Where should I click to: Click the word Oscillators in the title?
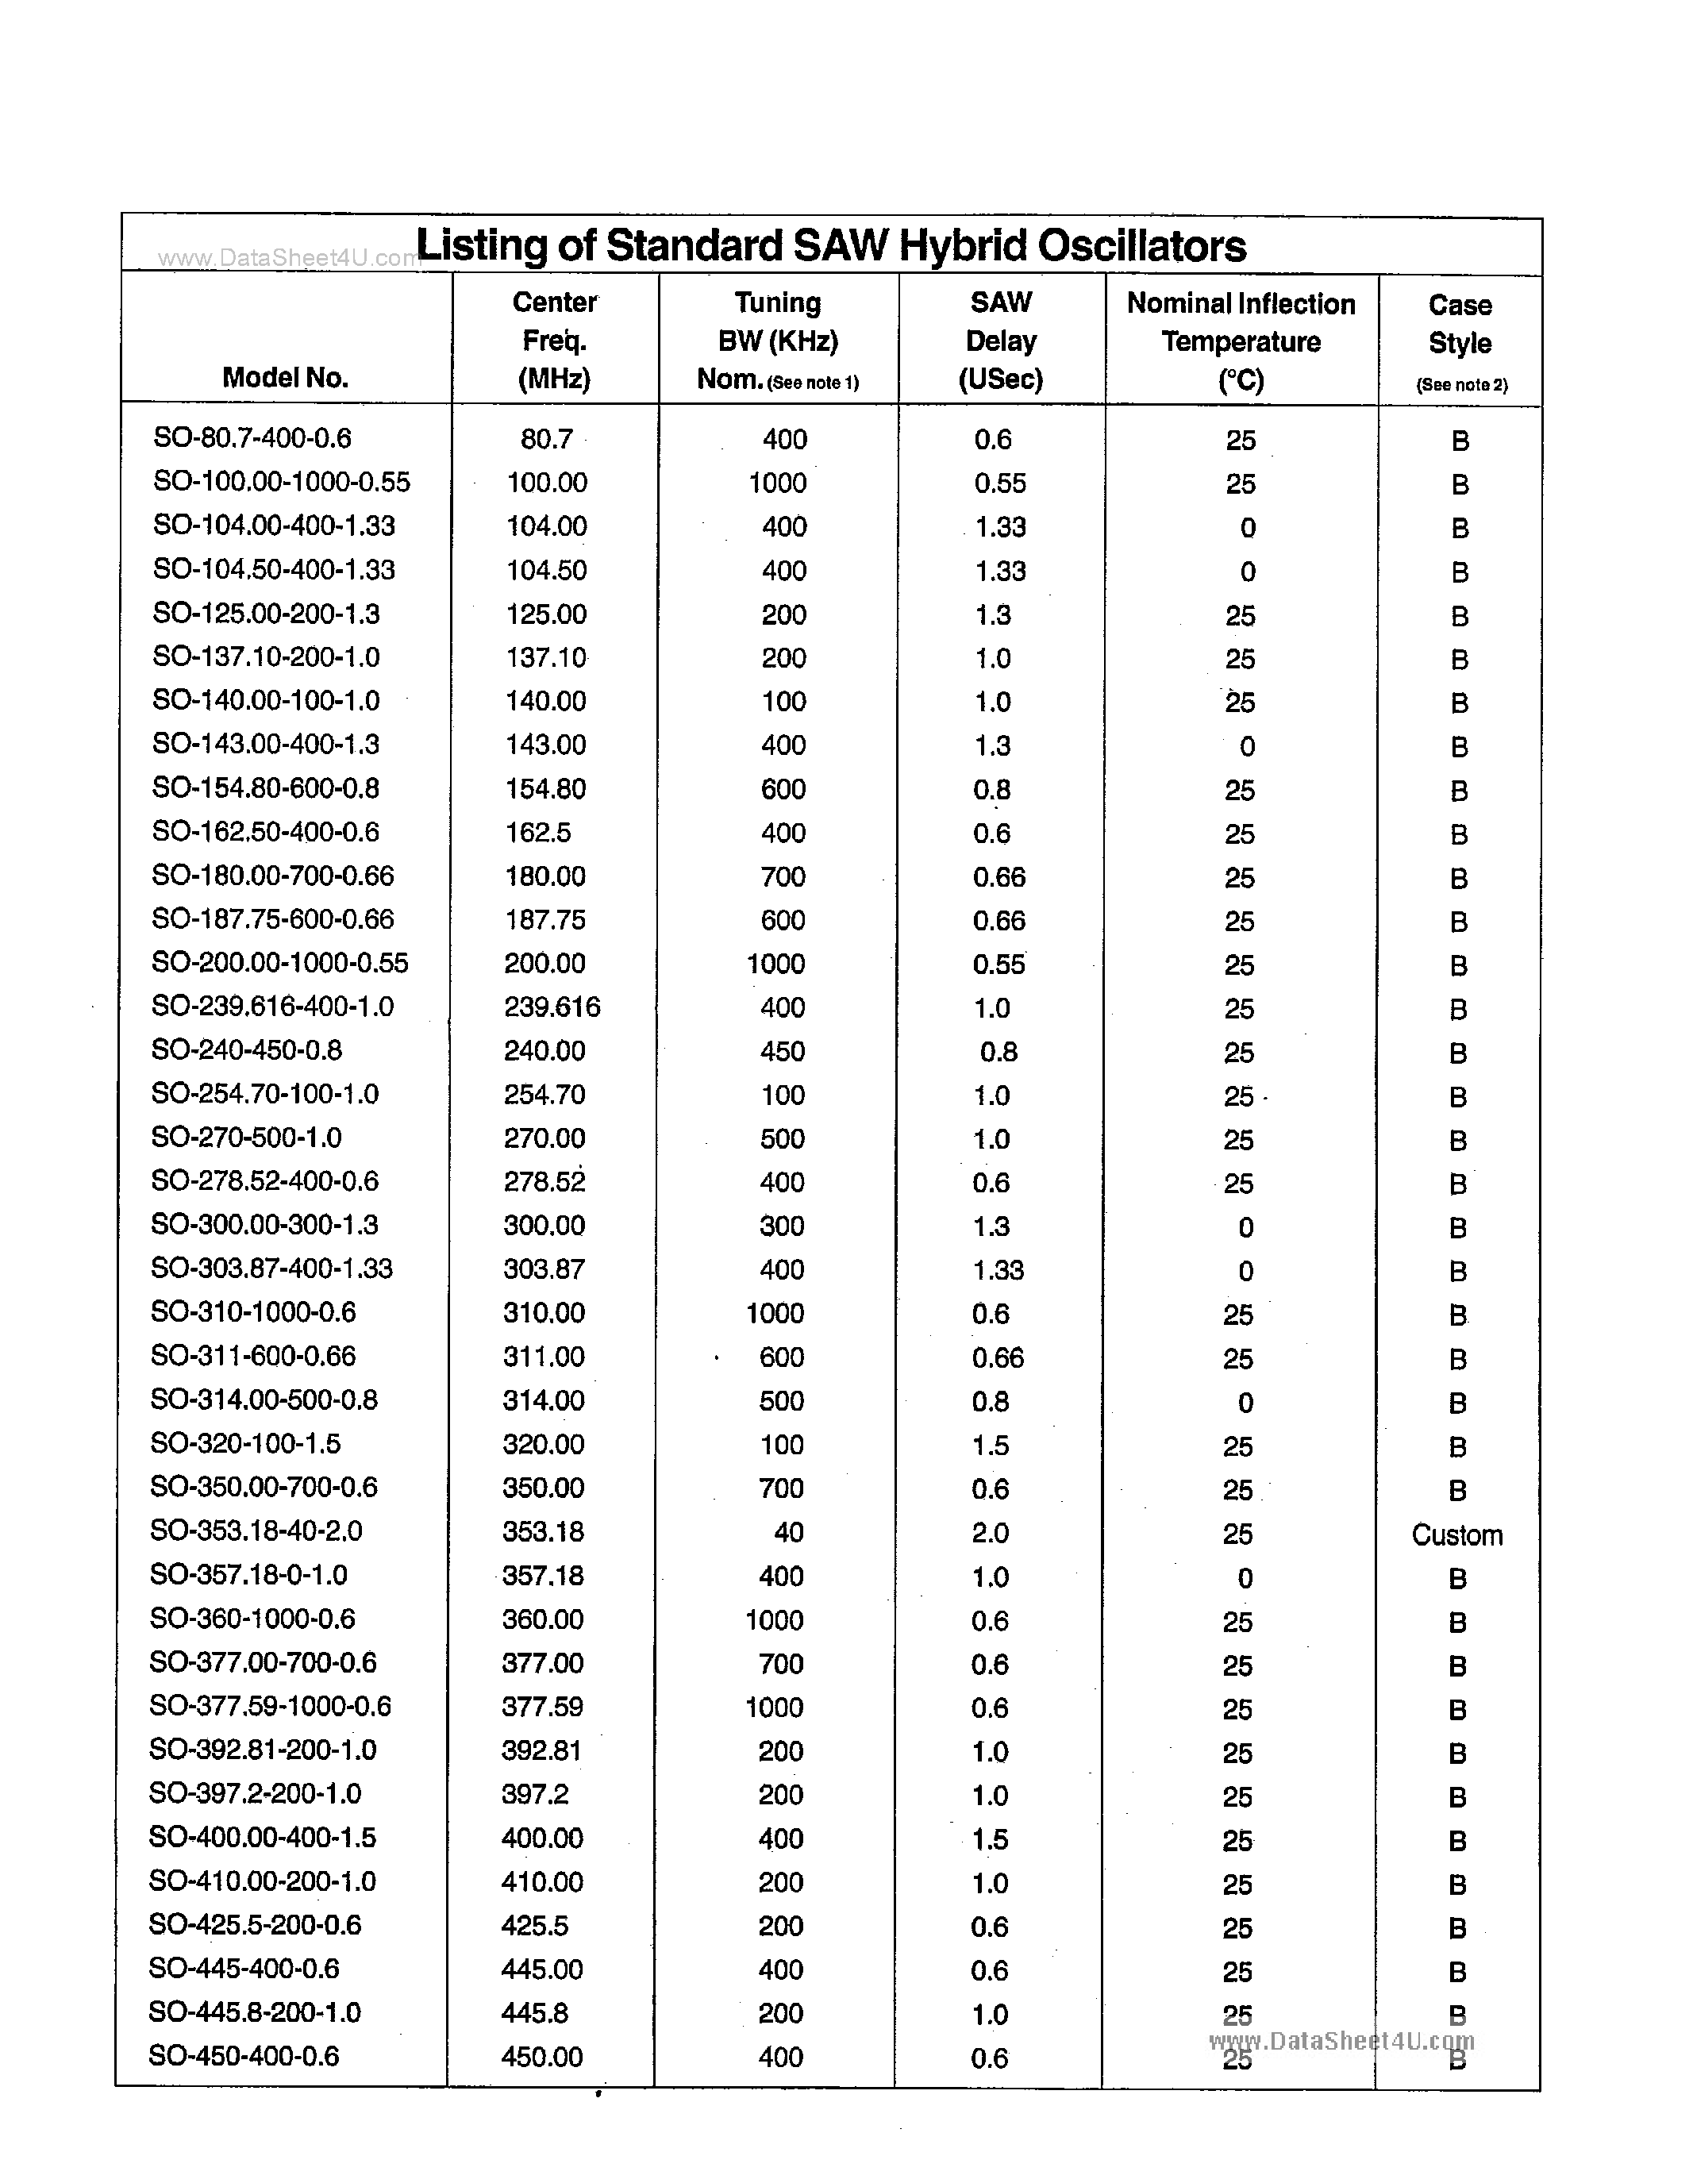tap(1141, 246)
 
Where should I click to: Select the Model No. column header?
tap(285, 378)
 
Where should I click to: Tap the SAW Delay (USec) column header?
tap(1000, 341)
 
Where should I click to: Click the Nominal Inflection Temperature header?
tap(1241, 341)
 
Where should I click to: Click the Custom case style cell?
tap(1456, 1535)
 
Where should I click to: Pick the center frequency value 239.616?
tap(552, 1007)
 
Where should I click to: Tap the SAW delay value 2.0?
tap(991, 1532)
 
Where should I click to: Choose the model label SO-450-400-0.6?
tap(244, 2056)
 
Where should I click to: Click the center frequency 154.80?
tap(544, 788)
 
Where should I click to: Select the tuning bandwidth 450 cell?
tap(783, 1050)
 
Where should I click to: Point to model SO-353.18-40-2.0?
tap(256, 1530)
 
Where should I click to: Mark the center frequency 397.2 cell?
tap(535, 1794)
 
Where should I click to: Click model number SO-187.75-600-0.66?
tap(273, 918)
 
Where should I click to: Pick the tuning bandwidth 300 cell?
tap(783, 1226)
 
